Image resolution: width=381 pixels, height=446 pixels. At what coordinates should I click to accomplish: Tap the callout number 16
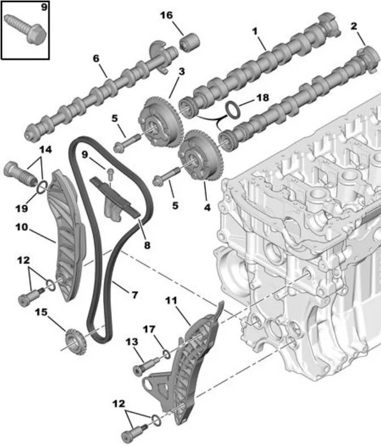tap(166, 15)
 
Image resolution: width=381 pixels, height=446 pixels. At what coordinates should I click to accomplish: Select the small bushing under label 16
tap(189, 41)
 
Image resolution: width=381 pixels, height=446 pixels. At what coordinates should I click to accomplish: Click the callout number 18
tap(263, 97)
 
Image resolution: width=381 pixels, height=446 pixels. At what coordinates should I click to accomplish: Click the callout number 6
tap(96, 58)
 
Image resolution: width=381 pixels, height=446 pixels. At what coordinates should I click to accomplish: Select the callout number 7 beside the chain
tap(135, 294)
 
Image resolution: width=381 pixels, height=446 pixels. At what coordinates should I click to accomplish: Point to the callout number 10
tap(21, 228)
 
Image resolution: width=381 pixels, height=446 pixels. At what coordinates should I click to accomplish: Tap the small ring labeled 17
tap(166, 354)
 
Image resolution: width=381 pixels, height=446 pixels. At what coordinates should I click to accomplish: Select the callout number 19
tap(21, 208)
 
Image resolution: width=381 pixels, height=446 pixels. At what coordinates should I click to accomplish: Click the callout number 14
tap(45, 149)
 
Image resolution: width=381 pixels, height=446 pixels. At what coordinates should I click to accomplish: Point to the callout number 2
tap(354, 26)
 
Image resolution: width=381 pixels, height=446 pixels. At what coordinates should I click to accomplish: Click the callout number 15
tap(41, 312)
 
